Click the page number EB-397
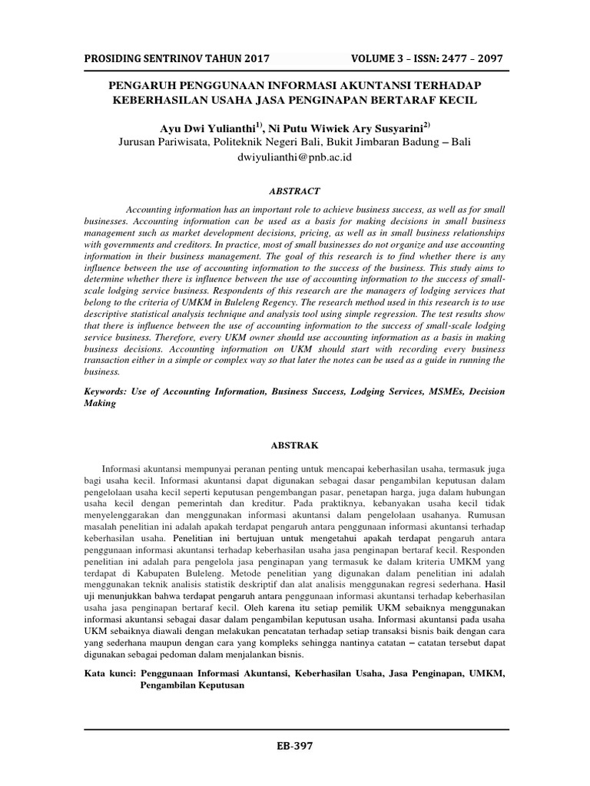(295, 745)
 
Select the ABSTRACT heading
(295, 191)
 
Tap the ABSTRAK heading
(295, 444)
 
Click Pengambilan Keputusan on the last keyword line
(192, 685)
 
